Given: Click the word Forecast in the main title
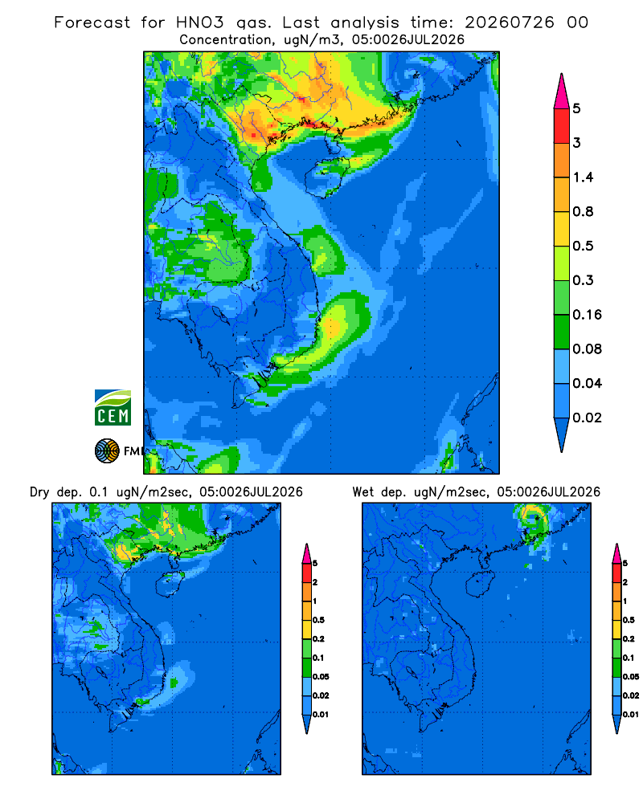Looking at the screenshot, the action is coord(92,22).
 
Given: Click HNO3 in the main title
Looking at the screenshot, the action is coord(199,22).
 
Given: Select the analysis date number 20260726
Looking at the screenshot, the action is coord(509,22).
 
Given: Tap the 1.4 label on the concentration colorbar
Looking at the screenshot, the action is coord(583,177).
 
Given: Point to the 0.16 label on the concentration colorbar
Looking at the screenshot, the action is coord(587,315).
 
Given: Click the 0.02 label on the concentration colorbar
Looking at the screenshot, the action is coord(587,418).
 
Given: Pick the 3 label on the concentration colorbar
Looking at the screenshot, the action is coord(577,143).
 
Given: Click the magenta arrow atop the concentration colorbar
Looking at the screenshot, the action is coord(562,92).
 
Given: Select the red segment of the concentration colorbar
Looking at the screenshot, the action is coord(562,125).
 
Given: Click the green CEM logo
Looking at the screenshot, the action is coord(113,408).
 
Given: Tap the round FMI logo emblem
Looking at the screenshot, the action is coord(107,451).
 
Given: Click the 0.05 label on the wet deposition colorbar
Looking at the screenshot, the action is coord(631,676).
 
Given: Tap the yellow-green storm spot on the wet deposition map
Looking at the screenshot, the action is coord(533,518).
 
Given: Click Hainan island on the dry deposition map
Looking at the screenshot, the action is coord(170,583).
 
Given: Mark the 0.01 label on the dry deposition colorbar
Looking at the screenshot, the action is coord(321,715).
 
